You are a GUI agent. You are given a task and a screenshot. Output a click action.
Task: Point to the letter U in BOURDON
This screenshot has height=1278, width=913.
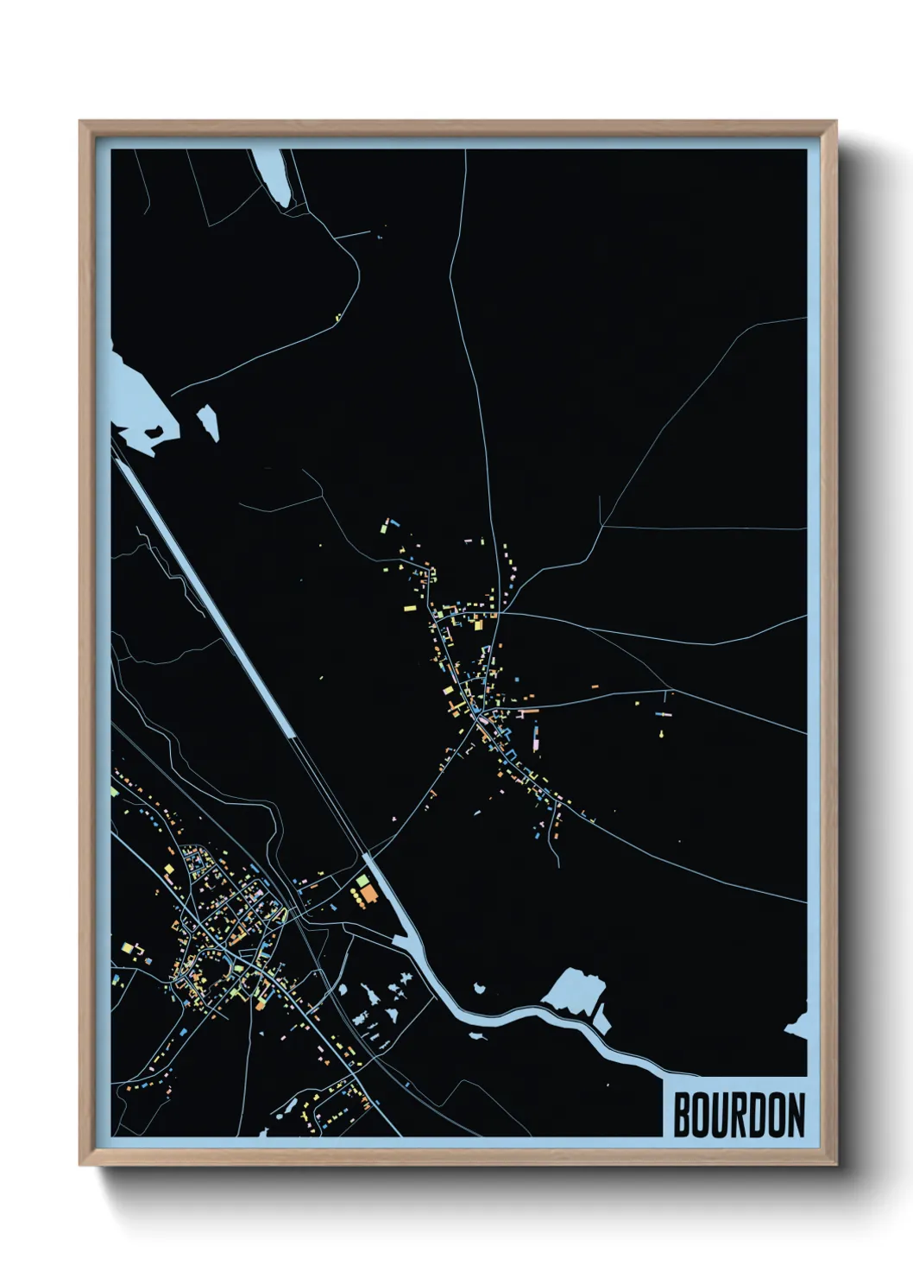(x=721, y=1116)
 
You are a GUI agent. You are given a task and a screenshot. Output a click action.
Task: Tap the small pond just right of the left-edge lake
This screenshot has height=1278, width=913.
(x=208, y=422)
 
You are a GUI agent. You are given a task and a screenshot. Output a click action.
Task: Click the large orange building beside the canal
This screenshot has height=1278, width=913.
(x=368, y=894)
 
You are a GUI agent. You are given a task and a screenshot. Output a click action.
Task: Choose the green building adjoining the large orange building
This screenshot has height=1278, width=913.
(x=362, y=881)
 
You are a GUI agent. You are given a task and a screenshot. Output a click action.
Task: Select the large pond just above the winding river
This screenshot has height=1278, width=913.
(x=574, y=990)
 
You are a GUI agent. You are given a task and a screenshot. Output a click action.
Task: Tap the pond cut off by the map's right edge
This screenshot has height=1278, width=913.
(x=798, y=1025)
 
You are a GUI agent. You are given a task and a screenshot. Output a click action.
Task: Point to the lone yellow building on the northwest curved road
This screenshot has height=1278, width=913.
(x=338, y=317)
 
